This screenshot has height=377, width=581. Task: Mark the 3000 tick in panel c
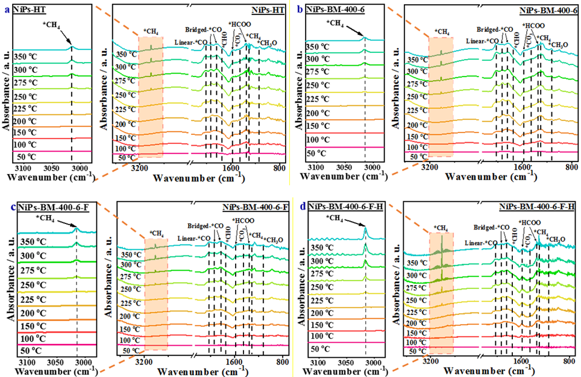tap(84, 363)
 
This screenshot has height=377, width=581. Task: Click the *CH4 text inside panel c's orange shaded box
tap(156, 232)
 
